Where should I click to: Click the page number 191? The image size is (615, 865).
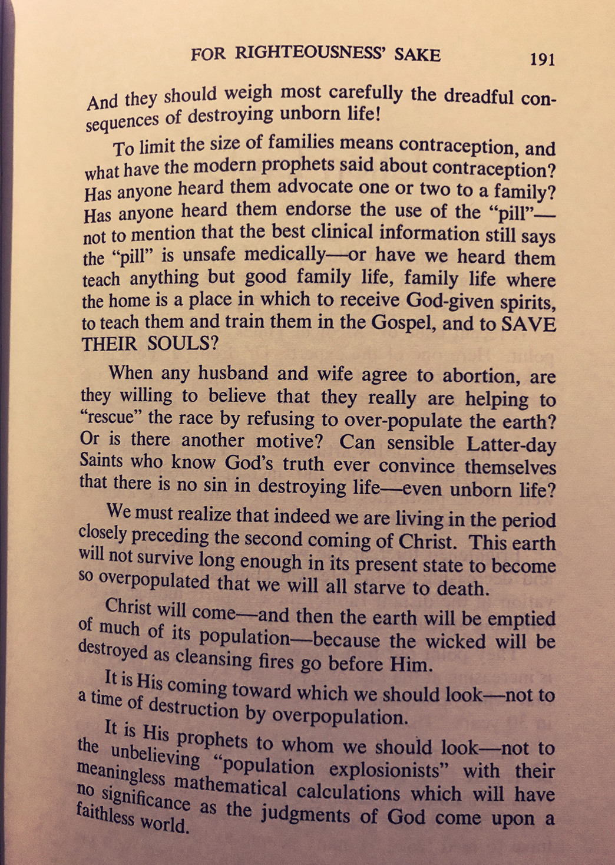click(542, 60)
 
